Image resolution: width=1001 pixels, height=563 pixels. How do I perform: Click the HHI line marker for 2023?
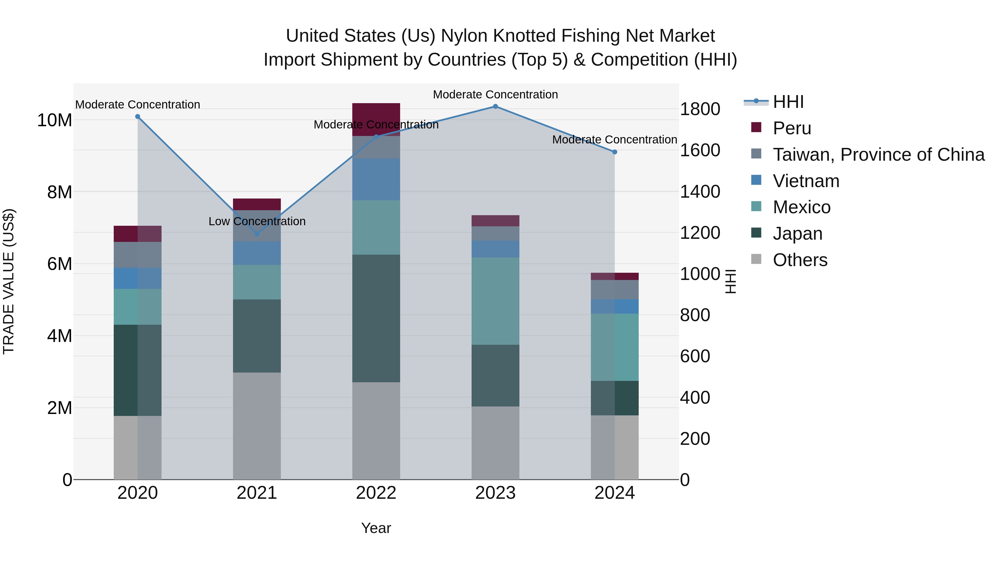click(x=495, y=106)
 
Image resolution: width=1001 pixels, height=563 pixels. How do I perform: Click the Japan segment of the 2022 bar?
click(x=376, y=318)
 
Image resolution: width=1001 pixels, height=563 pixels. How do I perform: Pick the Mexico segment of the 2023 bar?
click(x=495, y=301)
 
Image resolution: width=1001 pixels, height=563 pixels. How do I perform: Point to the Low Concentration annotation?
click(x=257, y=222)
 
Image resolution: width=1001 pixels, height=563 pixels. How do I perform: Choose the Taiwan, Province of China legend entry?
click(x=878, y=155)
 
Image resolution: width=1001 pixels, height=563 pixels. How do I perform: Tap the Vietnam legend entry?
click(x=806, y=181)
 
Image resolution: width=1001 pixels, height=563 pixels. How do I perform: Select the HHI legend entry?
click(x=788, y=102)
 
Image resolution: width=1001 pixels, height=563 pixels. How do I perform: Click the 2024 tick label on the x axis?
click(x=614, y=493)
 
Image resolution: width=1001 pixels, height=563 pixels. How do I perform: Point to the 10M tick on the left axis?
click(x=54, y=120)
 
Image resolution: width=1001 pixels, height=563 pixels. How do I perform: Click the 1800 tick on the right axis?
click(x=700, y=109)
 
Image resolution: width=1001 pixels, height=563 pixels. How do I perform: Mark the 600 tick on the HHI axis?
click(x=695, y=356)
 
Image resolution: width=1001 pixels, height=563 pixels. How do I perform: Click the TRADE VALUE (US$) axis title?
click(x=9, y=281)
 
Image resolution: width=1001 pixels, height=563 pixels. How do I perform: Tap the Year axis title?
click(x=376, y=528)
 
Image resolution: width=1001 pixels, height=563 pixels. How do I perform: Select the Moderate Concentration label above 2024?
click(x=614, y=140)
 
